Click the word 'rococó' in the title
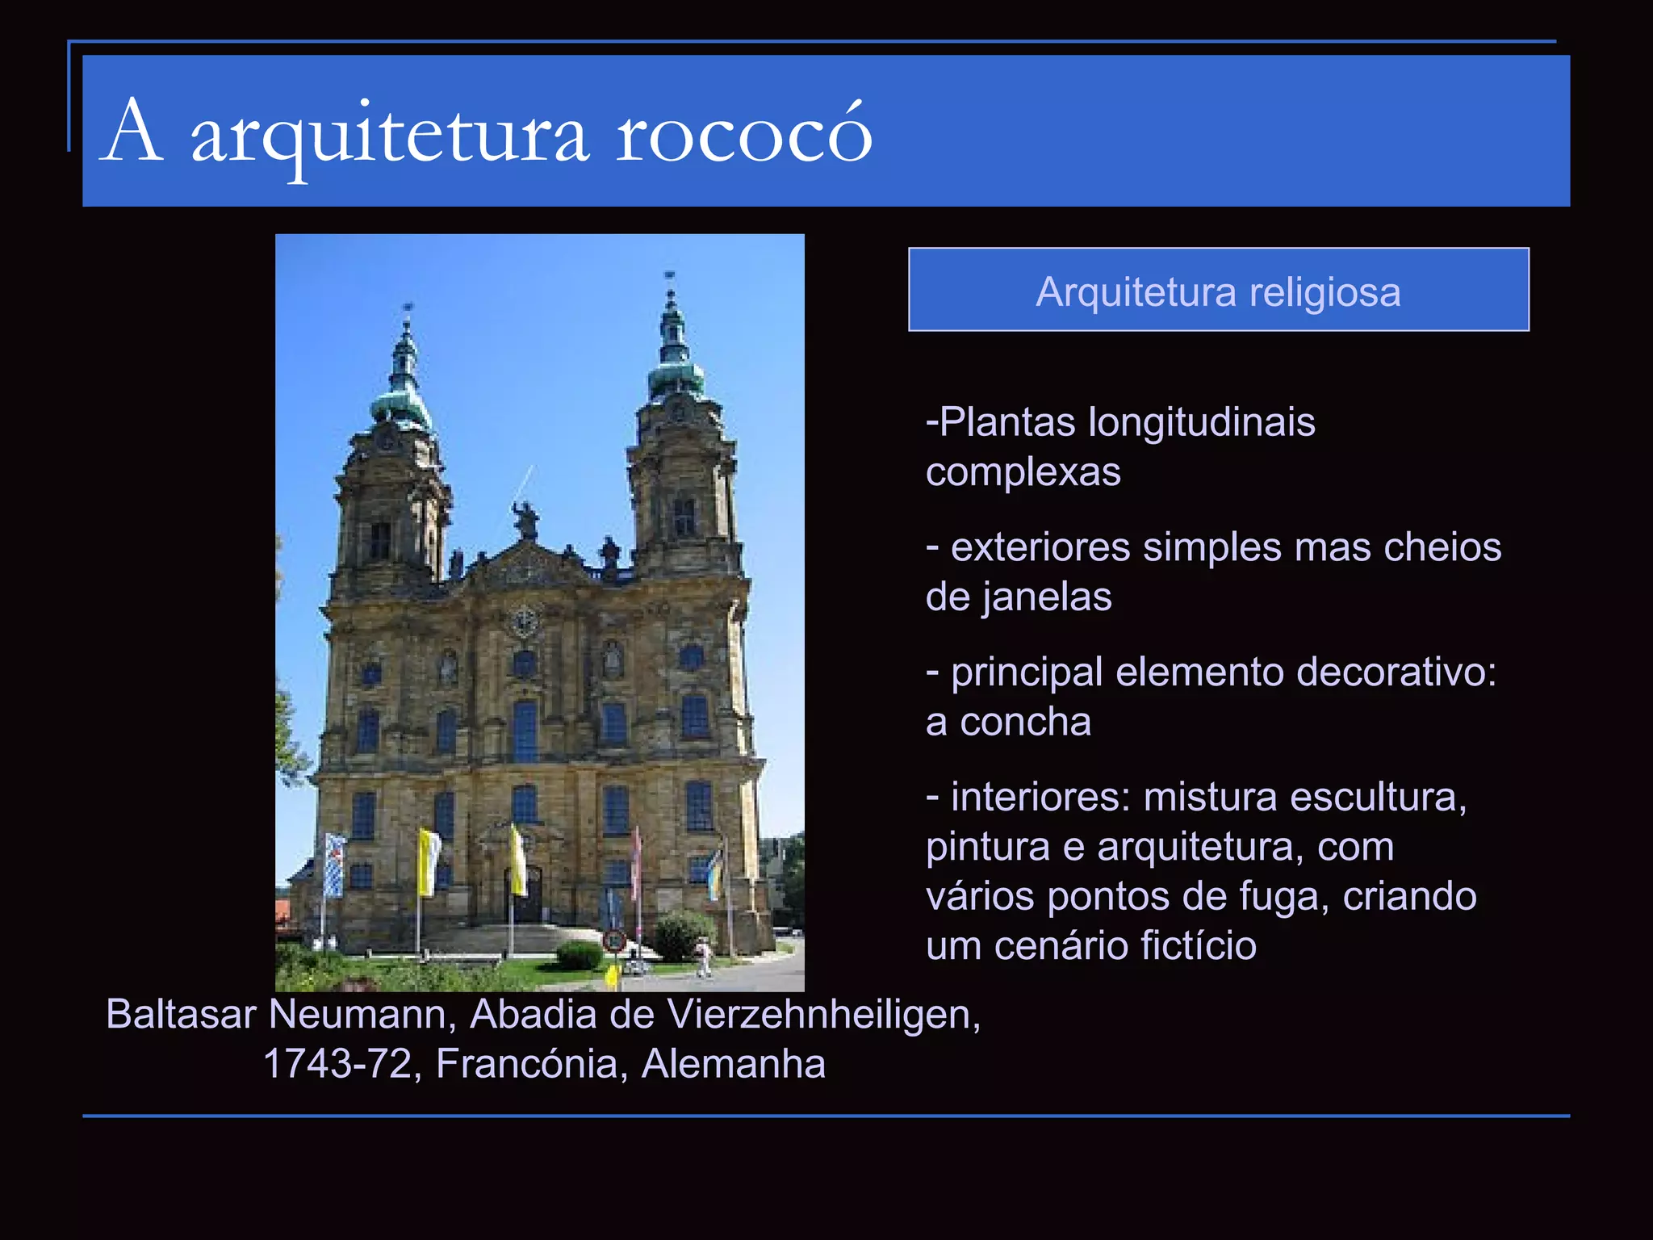click(744, 134)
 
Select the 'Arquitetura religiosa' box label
click(1218, 291)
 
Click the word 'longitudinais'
click(1202, 422)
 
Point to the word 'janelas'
click(1047, 597)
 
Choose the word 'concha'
click(1025, 722)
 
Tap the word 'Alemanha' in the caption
click(733, 1064)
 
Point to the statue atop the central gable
click(525, 519)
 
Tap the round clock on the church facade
click(525, 621)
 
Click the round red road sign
click(615, 940)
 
